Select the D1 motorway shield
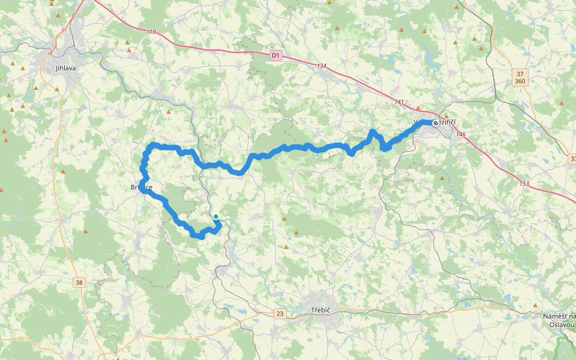275,56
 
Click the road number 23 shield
280,313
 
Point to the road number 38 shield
80,282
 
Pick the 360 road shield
520,81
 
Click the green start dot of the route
216,217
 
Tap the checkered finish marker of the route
435,122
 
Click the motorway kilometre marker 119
151,32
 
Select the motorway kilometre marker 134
322,66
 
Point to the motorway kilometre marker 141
400,102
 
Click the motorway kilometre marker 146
460,134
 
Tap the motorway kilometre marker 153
524,184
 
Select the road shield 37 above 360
520,73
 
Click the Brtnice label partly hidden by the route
142,188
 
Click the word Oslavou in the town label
562,325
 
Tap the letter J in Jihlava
56,68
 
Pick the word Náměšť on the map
553,316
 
